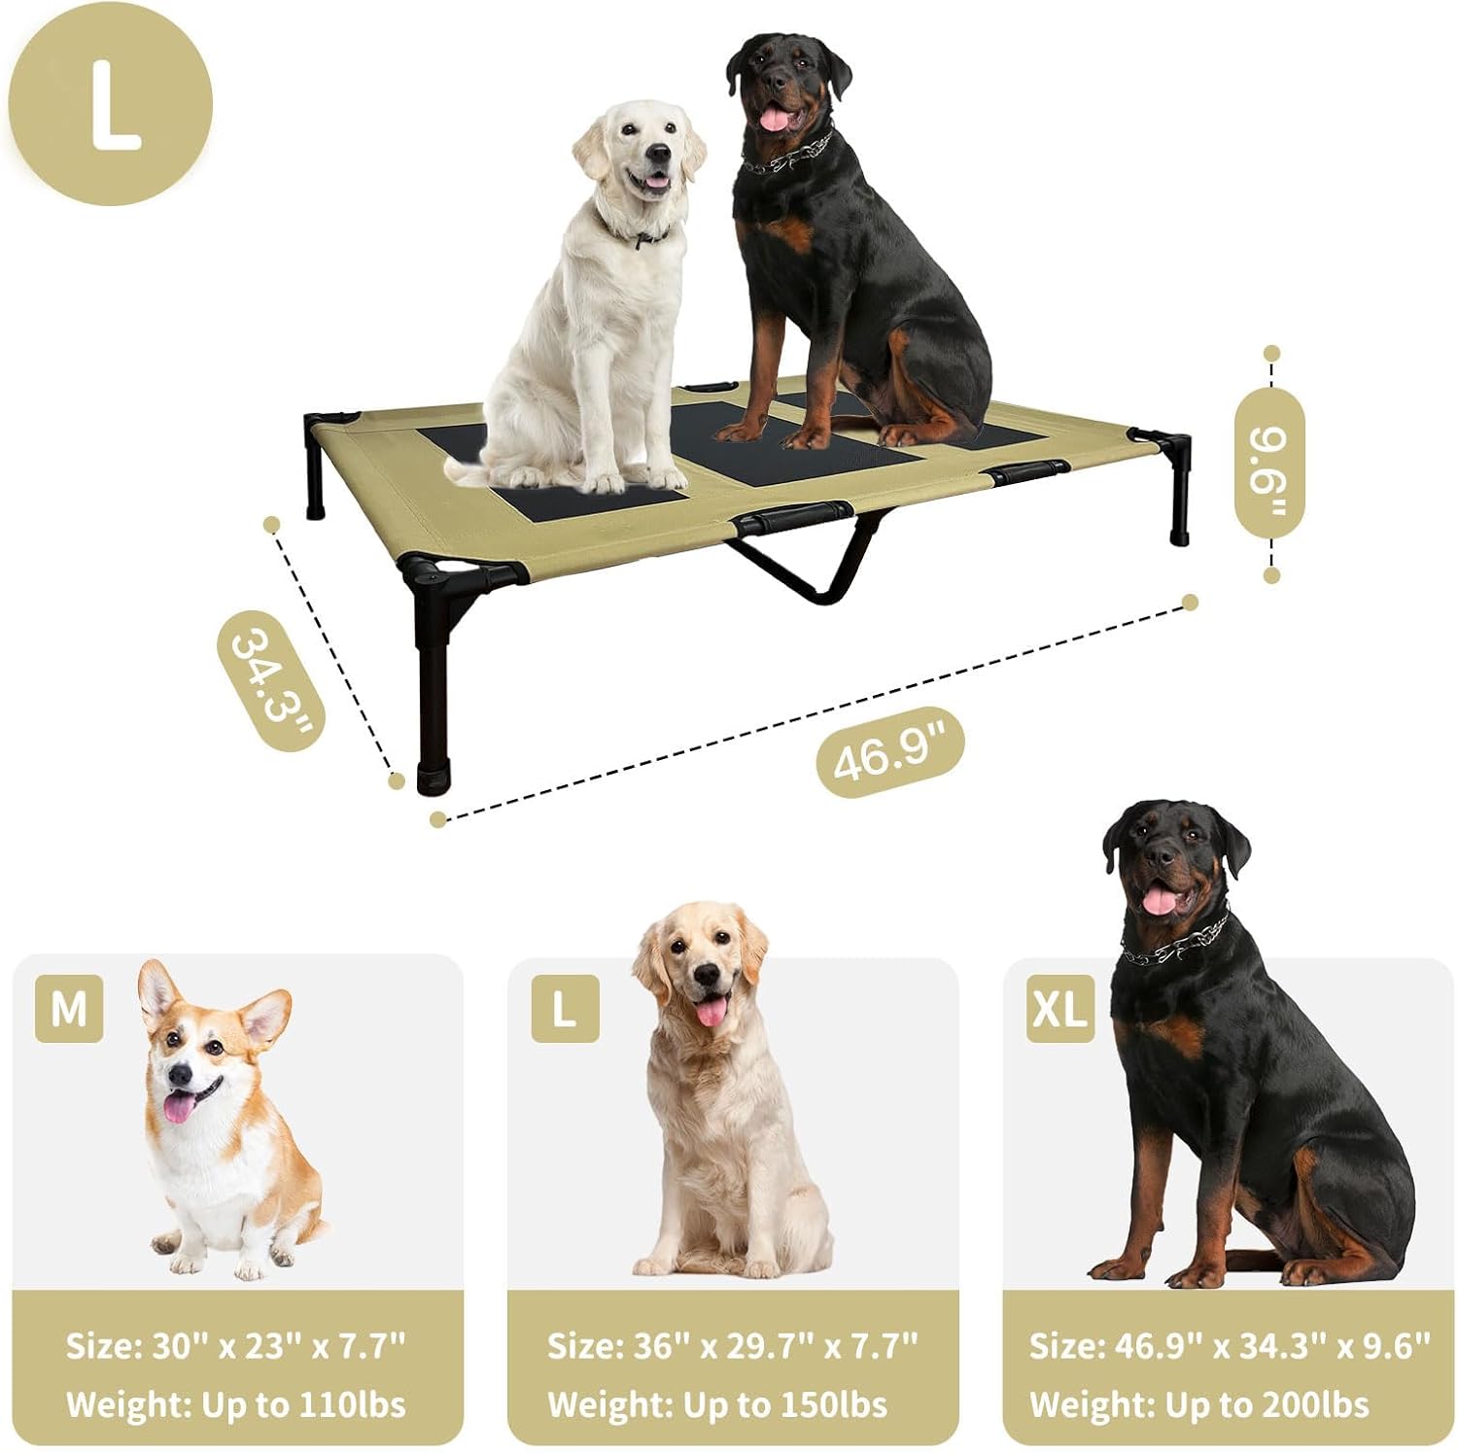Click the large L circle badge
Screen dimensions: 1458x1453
point(110,103)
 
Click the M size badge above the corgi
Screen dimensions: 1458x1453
point(69,1009)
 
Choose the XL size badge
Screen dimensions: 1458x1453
point(1060,1009)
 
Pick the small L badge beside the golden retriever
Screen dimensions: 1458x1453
point(565,1009)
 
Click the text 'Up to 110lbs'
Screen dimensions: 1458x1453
point(303,1404)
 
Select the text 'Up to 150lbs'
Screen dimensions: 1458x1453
point(785,1404)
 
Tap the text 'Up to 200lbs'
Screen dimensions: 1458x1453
point(1267,1404)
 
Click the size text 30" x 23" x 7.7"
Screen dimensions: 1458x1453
point(279,1346)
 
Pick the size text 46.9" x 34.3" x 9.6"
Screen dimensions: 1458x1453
point(1273,1346)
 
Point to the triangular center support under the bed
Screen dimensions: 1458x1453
point(807,559)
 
